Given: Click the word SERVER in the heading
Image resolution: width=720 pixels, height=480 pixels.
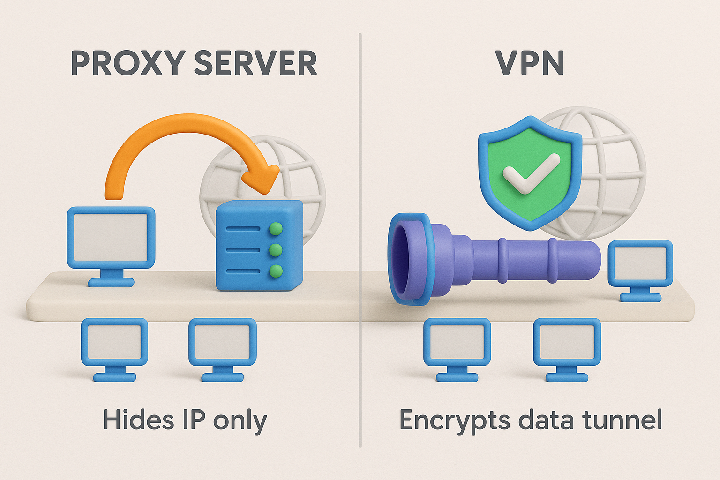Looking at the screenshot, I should click(255, 63).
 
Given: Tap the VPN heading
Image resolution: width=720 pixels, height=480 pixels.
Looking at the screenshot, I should click(530, 63).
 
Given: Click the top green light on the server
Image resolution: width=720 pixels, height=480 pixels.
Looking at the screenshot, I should click(276, 229).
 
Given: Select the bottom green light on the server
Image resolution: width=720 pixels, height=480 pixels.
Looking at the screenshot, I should click(276, 271).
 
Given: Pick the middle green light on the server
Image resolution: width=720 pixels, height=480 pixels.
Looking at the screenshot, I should click(276, 250).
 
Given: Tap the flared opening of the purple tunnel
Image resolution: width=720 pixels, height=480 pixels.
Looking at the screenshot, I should click(407, 259).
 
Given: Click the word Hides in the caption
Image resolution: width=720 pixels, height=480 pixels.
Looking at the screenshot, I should click(138, 419).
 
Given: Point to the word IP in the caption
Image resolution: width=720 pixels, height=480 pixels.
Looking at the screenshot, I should click(194, 419).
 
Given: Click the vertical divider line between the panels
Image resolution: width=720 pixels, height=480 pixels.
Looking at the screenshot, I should click(360, 234).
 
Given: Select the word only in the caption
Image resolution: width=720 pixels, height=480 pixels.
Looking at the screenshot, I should click(240, 420).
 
